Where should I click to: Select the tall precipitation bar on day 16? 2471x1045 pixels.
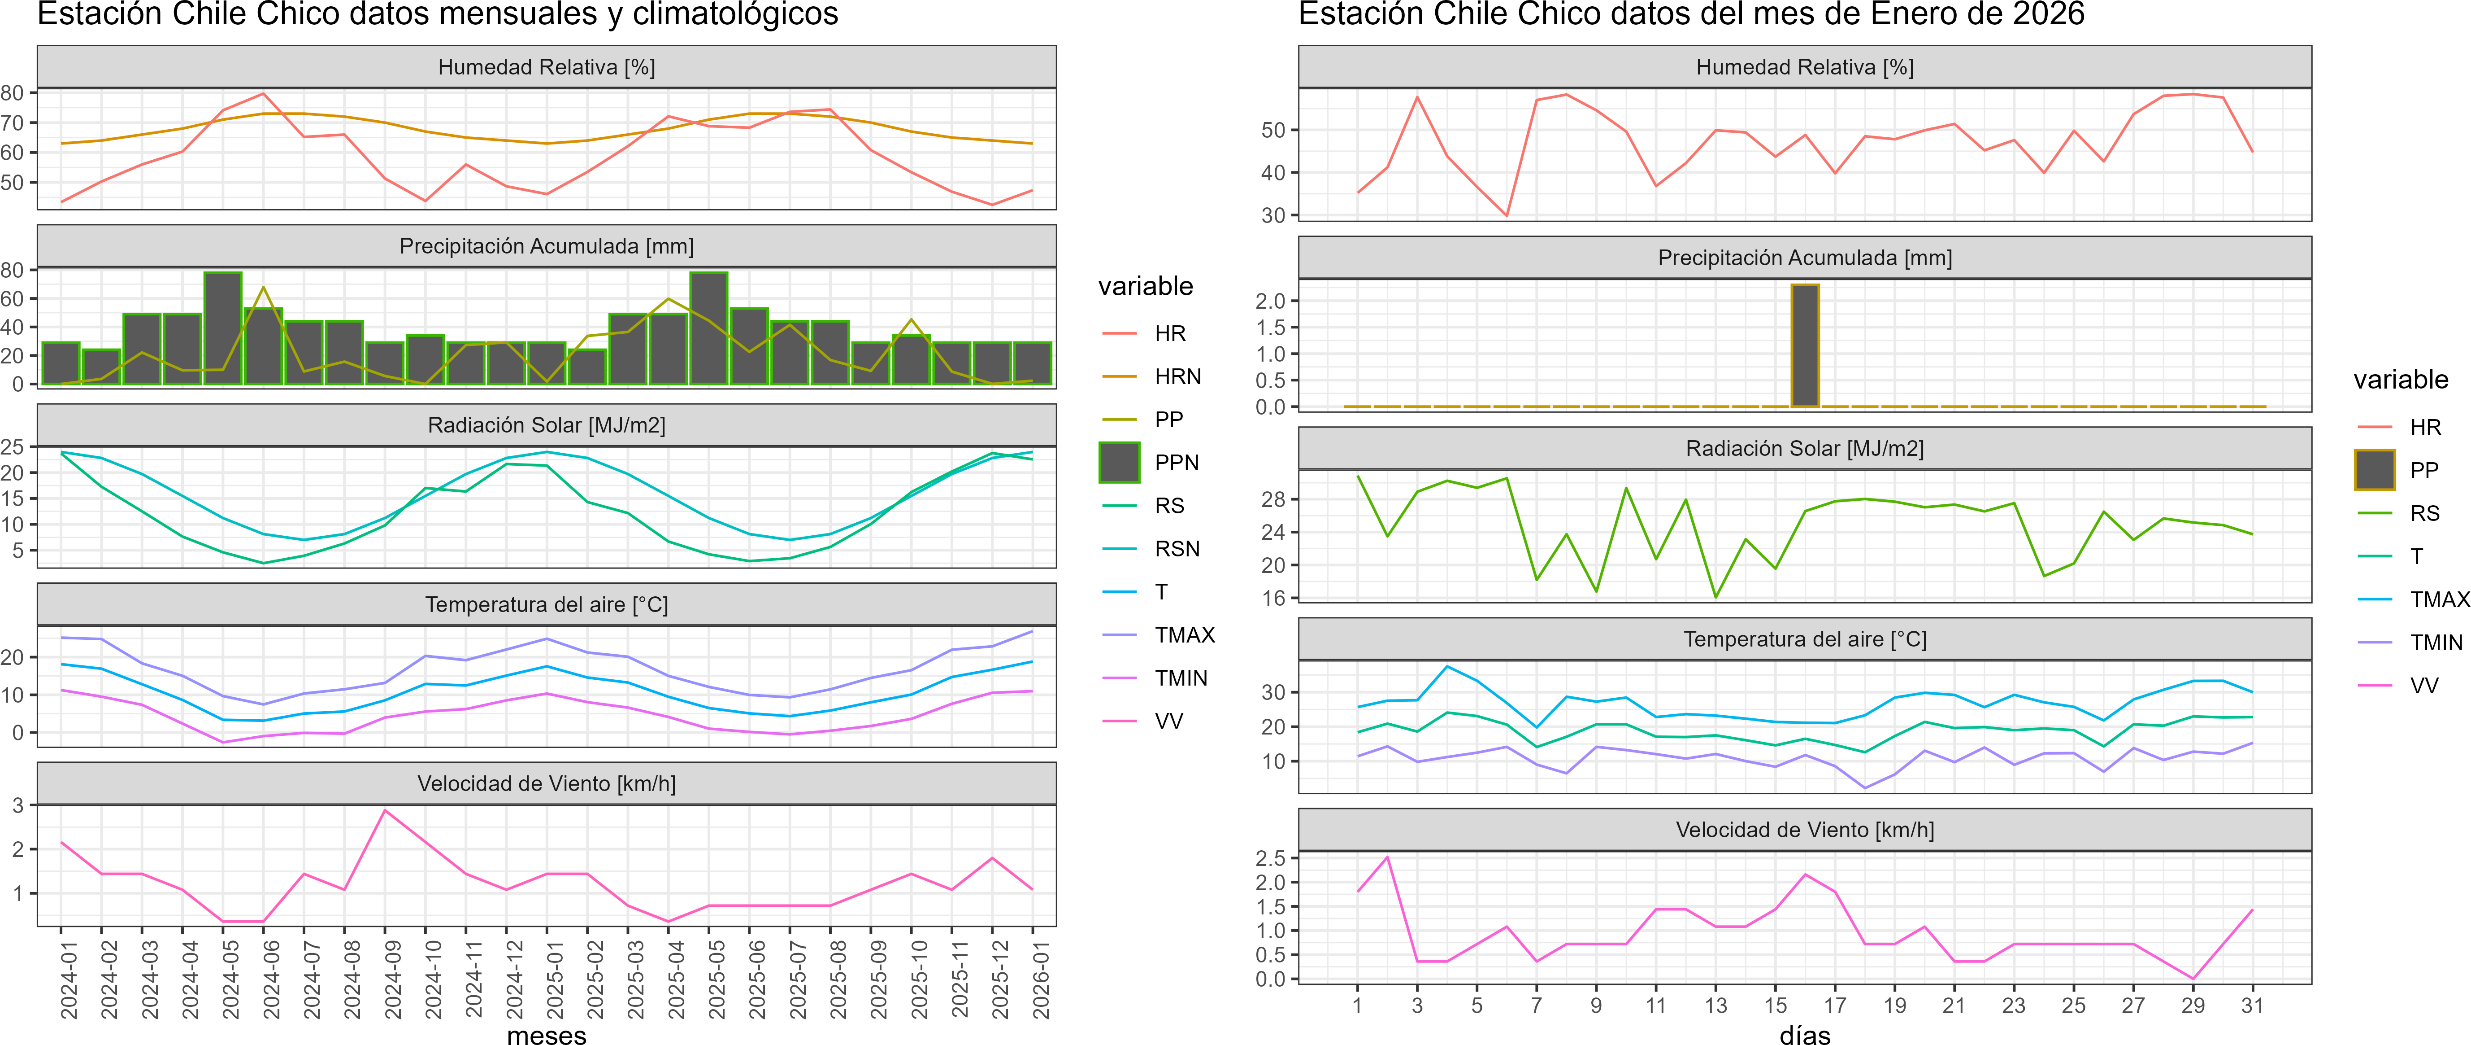tap(1804, 345)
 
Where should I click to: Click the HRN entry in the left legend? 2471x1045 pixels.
tap(1177, 376)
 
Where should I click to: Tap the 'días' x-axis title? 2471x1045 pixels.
tap(1804, 1034)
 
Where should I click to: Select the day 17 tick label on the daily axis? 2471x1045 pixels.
tap(1834, 1006)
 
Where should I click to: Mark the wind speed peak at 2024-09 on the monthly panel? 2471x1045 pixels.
tap(386, 811)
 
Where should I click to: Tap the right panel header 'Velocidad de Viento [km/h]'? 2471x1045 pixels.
tap(1804, 830)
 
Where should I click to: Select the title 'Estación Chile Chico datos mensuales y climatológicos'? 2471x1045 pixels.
tap(438, 14)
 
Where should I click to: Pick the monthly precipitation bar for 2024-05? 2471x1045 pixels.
tap(222, 328)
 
